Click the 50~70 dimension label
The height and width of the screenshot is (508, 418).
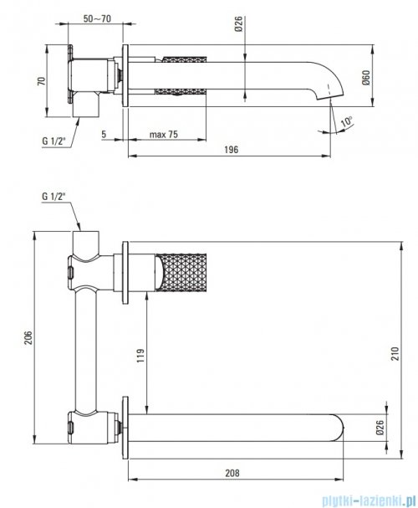tap(97, 18)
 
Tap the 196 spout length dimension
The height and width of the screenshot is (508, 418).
tap(231, 149)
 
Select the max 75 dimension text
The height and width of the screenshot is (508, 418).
tap(164, 134)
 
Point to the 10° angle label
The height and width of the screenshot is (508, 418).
tap(347, 121)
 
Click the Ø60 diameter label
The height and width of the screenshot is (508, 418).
tap(365, 78)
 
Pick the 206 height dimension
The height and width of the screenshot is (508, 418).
tap(28, 337)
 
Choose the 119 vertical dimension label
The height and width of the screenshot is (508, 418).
tap(140, 356)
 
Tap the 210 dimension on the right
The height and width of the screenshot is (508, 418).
tap(395, 353)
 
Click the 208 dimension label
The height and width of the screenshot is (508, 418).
tap(232, 474)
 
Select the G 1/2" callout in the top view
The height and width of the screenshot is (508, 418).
tap(54, 141)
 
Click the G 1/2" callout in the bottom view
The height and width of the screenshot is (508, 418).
tap(54, 197)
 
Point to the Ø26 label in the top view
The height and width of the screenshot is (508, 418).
tap(238, 24)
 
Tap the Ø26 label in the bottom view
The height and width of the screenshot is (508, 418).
tap(380, 428)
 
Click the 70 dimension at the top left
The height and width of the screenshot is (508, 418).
tap(42, 81)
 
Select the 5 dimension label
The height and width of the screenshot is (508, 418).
tap(104, 134)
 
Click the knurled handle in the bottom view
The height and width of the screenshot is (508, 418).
tap(181, 273)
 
